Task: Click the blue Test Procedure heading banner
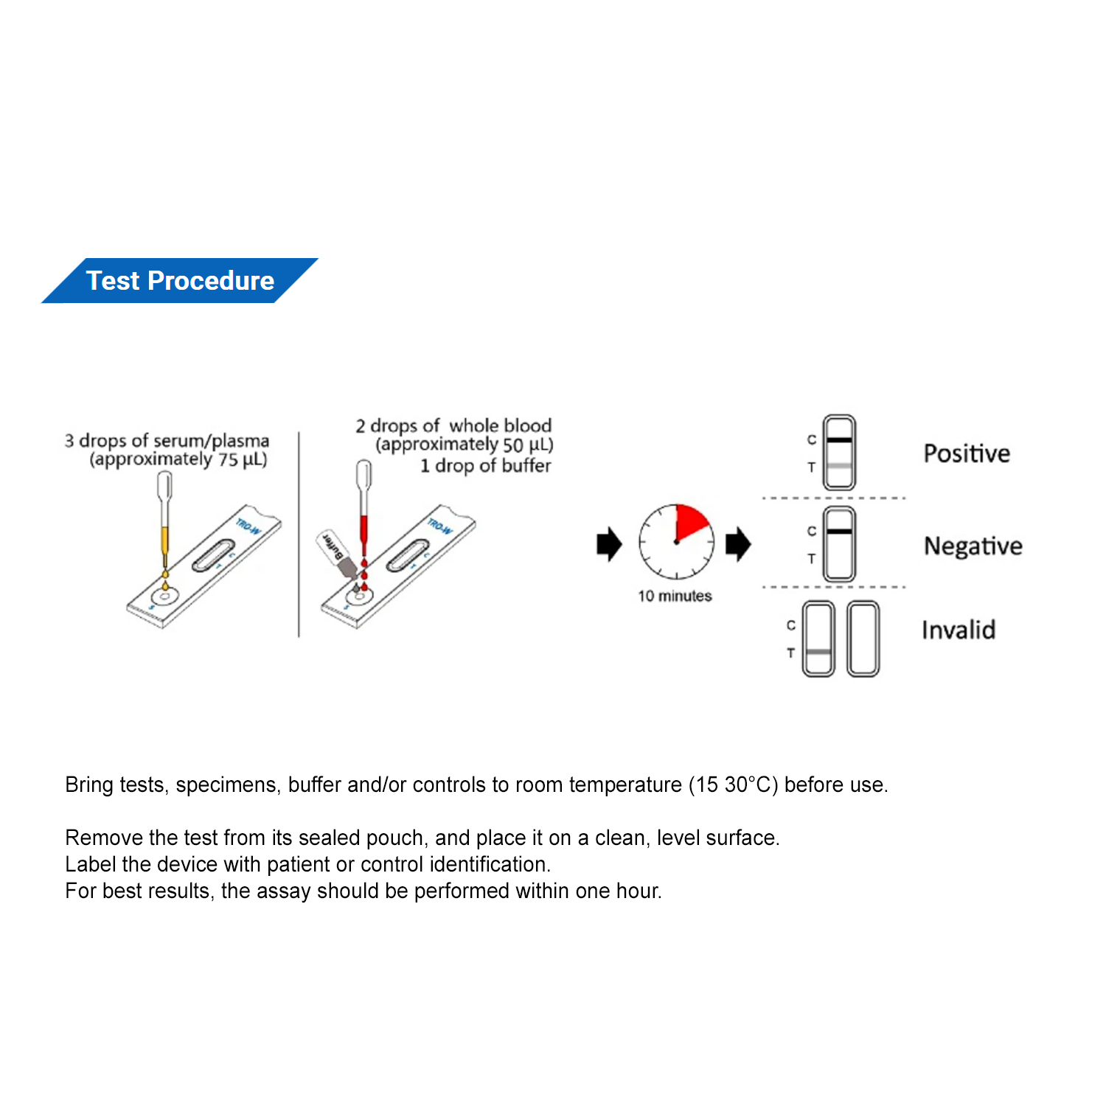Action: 180,280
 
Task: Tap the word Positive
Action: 966,453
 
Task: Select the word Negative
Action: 973,546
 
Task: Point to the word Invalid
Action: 958,630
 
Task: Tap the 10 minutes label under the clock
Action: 675,596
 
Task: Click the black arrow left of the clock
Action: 609,544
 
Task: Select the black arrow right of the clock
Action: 738,544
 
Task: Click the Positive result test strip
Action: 839,453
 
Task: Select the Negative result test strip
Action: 839,544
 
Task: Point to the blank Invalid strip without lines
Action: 863,639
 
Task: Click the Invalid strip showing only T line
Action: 818,639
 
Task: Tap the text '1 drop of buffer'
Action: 485,466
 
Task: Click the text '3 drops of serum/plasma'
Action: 167,440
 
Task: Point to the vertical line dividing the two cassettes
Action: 299,535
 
